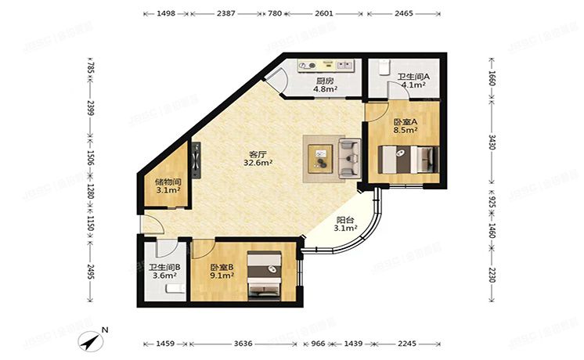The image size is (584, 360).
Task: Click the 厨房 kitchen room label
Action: pos(325,84)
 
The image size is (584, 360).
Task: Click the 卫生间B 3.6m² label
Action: pos(165,272)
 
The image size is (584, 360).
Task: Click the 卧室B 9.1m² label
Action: pos(222,272)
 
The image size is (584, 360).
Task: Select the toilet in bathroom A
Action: pos(382,69)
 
